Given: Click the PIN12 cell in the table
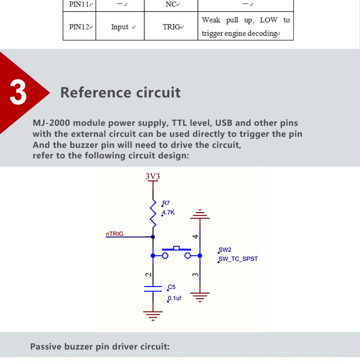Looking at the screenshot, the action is (79, 27).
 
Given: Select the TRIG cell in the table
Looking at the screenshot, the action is (171, 27).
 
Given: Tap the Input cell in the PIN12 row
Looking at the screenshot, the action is (120, 27).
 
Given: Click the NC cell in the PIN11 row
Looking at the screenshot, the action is (171, 5).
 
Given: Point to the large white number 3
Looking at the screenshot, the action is (18, 92).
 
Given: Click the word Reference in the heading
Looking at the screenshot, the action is (96, 93).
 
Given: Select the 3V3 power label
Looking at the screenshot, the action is (153, 176).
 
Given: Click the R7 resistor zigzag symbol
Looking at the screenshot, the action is (153, 214).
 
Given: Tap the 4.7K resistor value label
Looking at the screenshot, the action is (168, 212).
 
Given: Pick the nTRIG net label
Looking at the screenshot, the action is (115, 234).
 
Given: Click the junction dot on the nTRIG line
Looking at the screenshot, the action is (153, 237).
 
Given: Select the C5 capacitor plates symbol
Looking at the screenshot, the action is (153, 289).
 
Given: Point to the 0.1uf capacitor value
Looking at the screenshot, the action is (174, 298).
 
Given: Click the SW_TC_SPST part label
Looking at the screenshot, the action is (238, 259).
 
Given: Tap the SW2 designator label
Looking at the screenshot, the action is (225, 250).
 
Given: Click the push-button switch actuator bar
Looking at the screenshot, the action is (176, 249).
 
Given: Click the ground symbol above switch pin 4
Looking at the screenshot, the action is (200, 214).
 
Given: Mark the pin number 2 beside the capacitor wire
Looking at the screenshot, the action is (148, 275).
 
